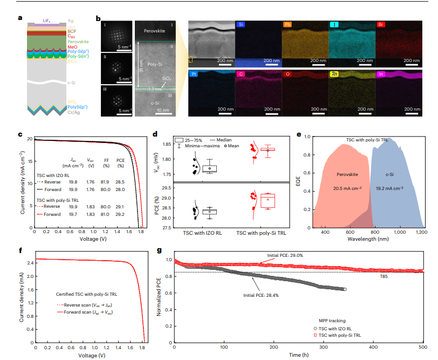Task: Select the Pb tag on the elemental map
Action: [289, 25]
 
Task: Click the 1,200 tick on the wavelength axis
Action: [421, 232]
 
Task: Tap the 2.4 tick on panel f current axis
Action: [29, 263]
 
